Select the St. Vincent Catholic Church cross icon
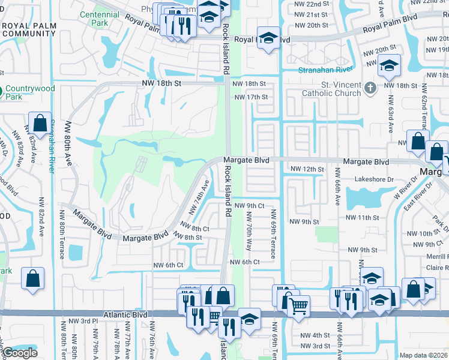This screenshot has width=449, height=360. [370, 88]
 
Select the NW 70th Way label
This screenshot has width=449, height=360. [248, 230]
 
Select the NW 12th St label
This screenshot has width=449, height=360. [307, 170]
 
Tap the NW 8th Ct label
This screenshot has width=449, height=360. [195, 229]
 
